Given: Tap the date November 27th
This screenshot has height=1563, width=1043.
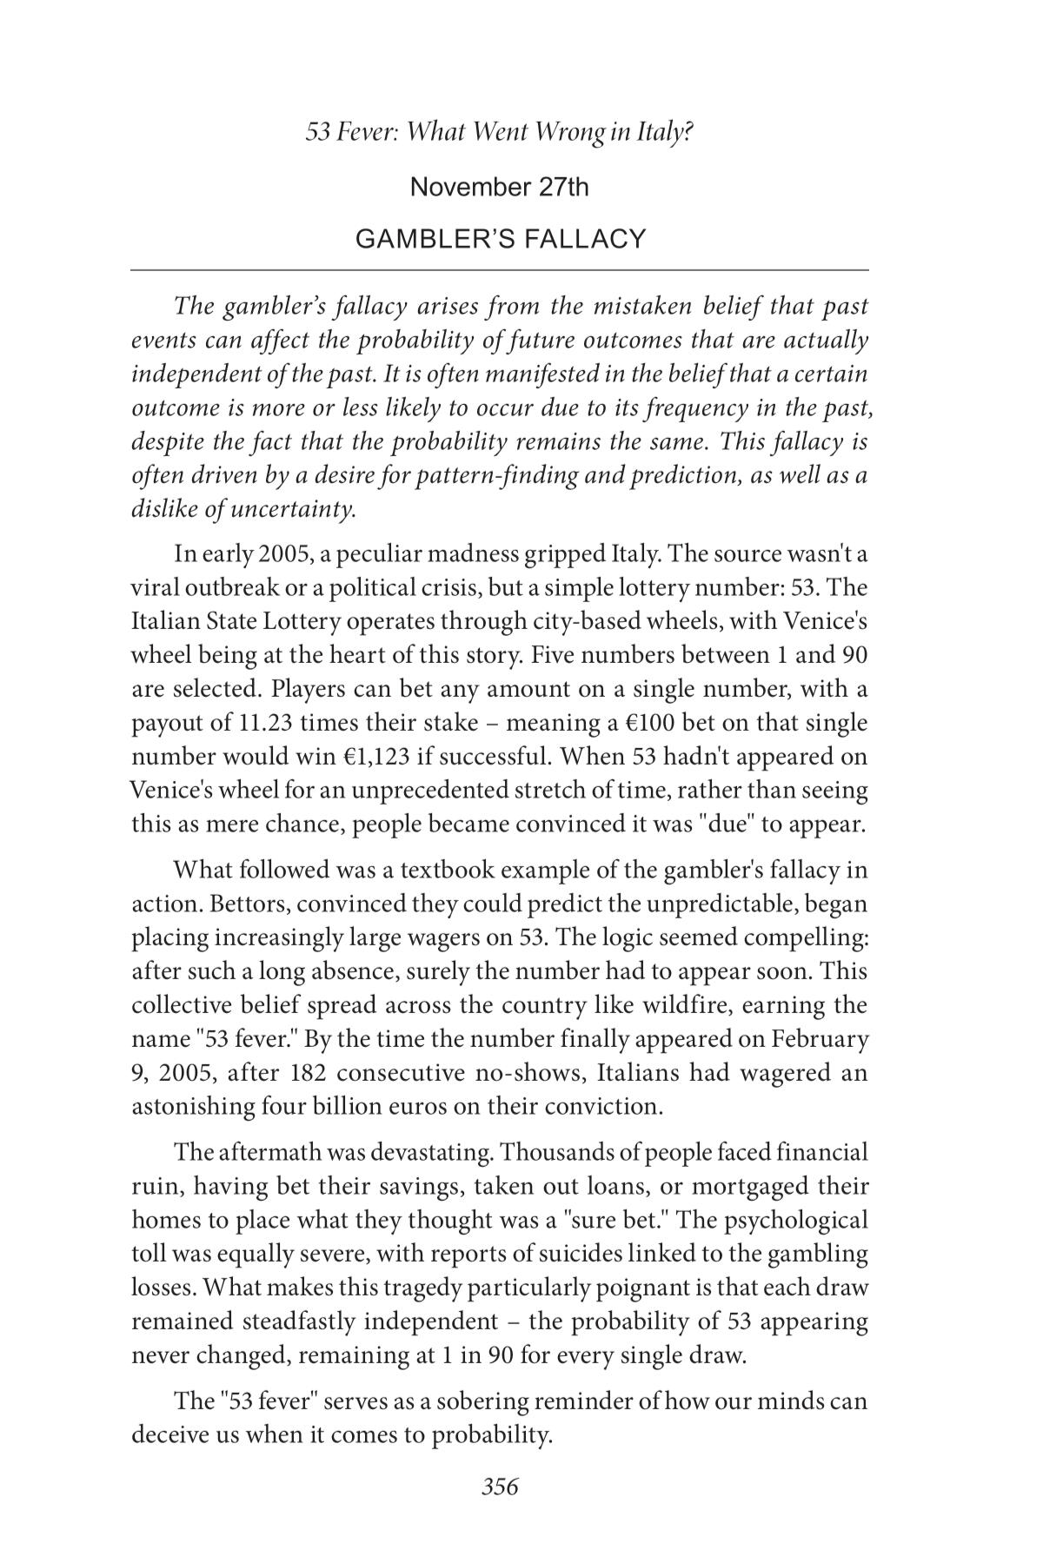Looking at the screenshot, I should pos(499,187).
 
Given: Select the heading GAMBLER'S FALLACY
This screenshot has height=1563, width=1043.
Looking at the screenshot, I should pos(501,239).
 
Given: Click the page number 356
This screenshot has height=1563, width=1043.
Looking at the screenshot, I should pos(500,1487).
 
